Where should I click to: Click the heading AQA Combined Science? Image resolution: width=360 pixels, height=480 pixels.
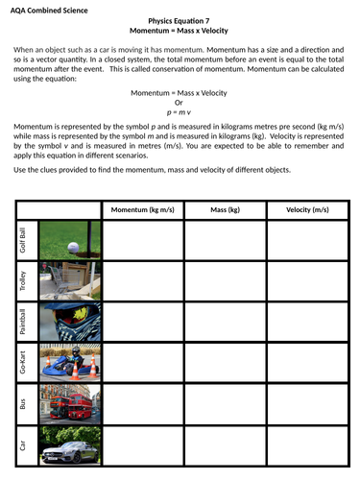point(49,10)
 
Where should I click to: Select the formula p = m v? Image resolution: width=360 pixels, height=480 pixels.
point(180,111)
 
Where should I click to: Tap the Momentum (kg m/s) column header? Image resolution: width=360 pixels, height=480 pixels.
point(143,209)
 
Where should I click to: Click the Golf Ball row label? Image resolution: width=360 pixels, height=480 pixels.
point(24,240)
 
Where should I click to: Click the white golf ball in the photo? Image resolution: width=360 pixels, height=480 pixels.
point(73,246)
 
